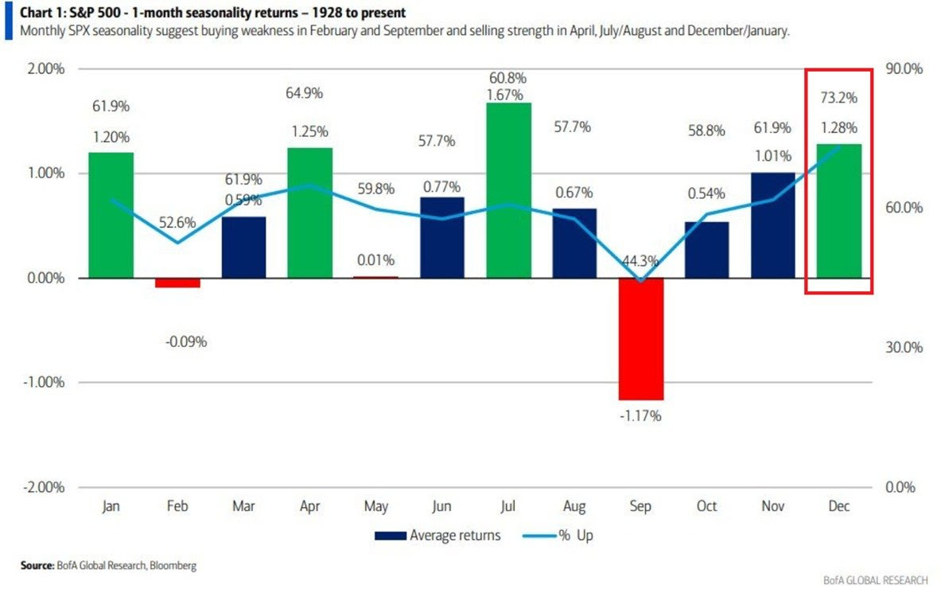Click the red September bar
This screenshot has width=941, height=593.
click(640, 338)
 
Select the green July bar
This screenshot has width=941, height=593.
click(507, 190)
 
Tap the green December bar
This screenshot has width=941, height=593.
click(838, 211)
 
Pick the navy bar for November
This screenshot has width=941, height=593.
click(772, 225)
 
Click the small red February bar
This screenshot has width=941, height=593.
click(177, 283)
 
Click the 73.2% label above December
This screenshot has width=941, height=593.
click(838, 98)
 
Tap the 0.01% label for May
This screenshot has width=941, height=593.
click(375, 260)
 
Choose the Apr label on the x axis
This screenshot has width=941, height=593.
click(310, 507)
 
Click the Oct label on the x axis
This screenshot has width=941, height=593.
click(706, 507)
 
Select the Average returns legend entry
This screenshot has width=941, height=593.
click(437, 536)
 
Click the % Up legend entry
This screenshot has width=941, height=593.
click(558, 536)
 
